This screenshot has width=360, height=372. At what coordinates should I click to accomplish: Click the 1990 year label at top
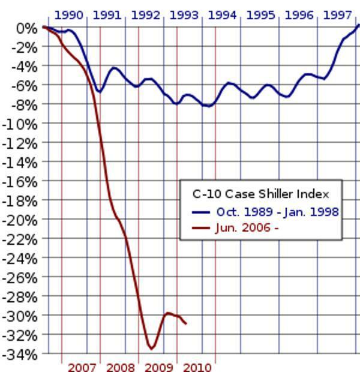tap(68, 15)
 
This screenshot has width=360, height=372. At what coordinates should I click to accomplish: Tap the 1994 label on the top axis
tap(222, 15)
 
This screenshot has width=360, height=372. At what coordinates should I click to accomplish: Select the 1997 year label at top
tap(337, 15)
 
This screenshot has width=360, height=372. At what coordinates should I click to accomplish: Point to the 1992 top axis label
tap(145, 15)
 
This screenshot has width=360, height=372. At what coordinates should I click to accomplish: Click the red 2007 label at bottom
tap(82, 367)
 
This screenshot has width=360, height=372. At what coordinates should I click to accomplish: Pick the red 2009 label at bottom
tap(158, 367)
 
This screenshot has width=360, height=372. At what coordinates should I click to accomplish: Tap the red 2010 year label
tap(197, 367)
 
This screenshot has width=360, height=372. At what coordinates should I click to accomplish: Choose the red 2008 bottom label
tap(120, 367)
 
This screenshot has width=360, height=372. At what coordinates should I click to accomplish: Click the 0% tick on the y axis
tap(26, 28)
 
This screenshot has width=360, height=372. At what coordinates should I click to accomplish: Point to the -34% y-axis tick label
tap(21, 354)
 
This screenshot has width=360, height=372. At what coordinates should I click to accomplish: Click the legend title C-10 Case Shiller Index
tap(260, 194)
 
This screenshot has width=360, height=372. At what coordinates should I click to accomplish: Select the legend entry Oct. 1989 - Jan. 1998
tap(277, 212)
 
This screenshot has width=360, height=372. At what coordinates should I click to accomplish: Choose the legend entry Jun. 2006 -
tap(247, 227)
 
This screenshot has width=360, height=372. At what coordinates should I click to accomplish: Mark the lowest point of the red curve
tap(151, 349)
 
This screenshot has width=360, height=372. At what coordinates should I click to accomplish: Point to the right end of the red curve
tap(186, 324)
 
